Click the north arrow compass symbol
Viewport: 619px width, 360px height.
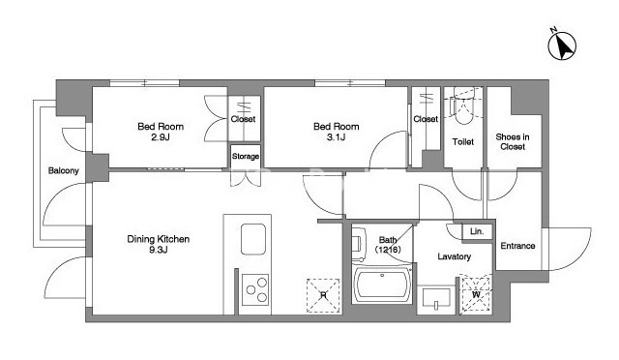[x=562, y=45]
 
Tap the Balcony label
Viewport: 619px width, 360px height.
[x=63, y=170]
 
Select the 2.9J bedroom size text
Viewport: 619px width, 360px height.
[x=161, y=137]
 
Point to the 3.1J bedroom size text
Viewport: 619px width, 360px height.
[x=336, y=137]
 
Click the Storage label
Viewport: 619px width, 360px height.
[x=245, y=156]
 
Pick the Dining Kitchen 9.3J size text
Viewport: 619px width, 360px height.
[x=159, y=250]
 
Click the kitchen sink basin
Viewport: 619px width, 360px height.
[x=253, y=239]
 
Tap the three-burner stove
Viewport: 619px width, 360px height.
[x=255, y=289]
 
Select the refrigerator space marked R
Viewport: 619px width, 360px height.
[x=323, y=295]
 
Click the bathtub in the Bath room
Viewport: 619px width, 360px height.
[x=382, y=285]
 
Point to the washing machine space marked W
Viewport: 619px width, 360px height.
[x=476, y=295]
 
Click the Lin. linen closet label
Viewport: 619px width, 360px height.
[x=477, y=231]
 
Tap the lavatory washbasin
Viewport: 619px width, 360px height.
[x=436, y=298]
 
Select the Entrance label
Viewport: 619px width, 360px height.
[x=517, y=246]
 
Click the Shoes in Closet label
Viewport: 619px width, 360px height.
[x=513, y=141]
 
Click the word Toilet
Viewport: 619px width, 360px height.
[x=462, y=141]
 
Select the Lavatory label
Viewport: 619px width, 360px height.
[x=454, y=256]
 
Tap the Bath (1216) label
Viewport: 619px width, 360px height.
[x=388, y=245]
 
